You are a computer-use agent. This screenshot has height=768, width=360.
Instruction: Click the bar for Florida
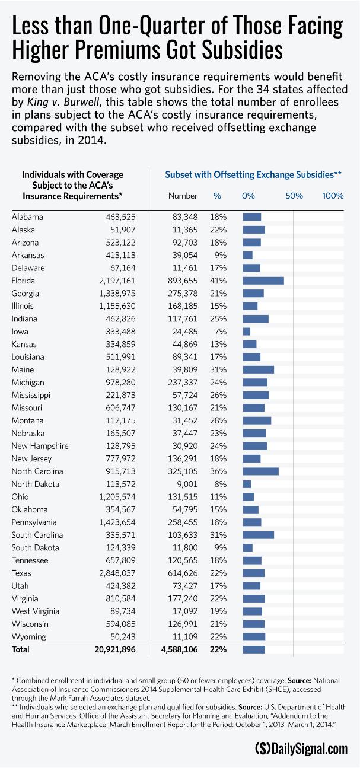coord(263,281)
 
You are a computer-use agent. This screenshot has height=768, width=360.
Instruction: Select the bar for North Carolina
coord(260,471)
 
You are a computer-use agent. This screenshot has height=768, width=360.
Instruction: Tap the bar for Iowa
coord(246,332)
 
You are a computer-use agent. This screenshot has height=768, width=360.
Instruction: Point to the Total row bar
coord(254,649)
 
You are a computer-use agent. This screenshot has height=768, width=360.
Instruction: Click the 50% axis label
coord(294,196)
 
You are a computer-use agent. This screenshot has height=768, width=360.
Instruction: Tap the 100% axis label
coord(333,196)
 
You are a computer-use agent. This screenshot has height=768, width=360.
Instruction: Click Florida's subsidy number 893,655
coord(183,281)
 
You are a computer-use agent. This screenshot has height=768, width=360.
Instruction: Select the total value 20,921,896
coord(116,649)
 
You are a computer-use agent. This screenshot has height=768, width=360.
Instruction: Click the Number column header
coord(183,196)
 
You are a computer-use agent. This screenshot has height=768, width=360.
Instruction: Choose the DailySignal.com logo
coord(301,748)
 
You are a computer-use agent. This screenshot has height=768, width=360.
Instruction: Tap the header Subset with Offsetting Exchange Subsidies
coord(253,176)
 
